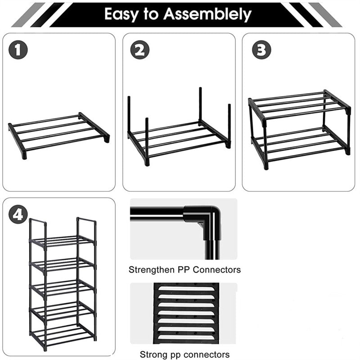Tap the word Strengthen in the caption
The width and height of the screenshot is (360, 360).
click(151, 270)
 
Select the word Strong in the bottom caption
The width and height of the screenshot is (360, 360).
click(152, 354)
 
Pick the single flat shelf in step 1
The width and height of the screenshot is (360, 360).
click(58, 133)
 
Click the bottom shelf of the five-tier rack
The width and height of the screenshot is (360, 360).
click(63, 335)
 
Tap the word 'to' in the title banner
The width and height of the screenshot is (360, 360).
click(152, 14)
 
